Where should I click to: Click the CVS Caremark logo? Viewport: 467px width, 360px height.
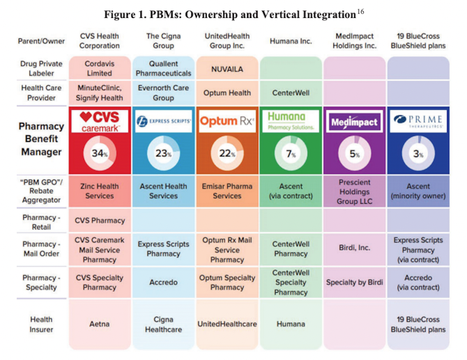[x=100, y=121]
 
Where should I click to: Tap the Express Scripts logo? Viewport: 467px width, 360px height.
[x=163, y=121]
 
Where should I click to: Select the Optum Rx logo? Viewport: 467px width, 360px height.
[x=227, y=121]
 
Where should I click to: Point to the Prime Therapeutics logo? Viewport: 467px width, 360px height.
[x=418, y=121]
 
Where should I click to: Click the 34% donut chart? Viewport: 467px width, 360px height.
[x=100, y=153]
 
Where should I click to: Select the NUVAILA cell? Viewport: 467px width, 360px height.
[x=227, y=68]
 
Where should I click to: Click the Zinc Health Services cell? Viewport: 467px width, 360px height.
[x=100, y=191]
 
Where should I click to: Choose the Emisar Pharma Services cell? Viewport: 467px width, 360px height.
[x=227, y=191]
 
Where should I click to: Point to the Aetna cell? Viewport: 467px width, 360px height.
[x=100, y=324]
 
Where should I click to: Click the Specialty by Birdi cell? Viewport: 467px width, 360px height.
[x=355, y=283]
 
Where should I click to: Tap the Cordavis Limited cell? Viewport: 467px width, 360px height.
[x=100, y=68]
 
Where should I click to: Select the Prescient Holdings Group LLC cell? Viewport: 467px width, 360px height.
[x=355, y=192]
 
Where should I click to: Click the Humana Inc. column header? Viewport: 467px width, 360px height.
[x=291, y=41]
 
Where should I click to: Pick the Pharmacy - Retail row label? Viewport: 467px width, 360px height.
[x=41, y=222]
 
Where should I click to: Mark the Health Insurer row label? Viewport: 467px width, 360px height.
[x=41, y=324]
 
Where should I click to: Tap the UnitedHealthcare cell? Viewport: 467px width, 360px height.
[x=227, y=324]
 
